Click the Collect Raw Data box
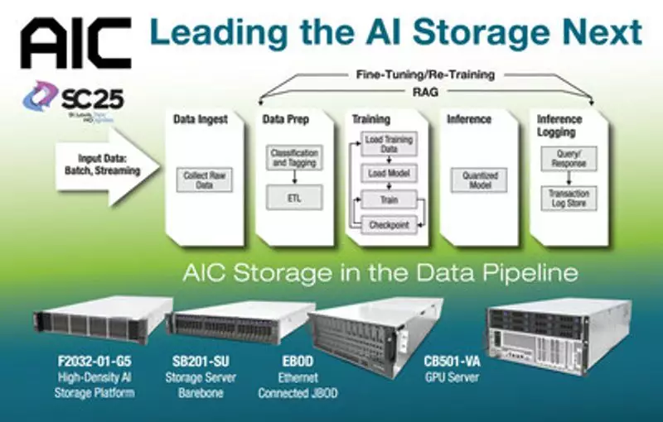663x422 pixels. tap(204, 180)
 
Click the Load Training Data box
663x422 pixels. tap(388, 146)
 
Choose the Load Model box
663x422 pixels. tap(388, 174)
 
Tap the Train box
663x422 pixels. tap(387, 200)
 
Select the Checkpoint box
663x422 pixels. tap(387, 223)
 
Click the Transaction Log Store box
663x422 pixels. tap(568, 199)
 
